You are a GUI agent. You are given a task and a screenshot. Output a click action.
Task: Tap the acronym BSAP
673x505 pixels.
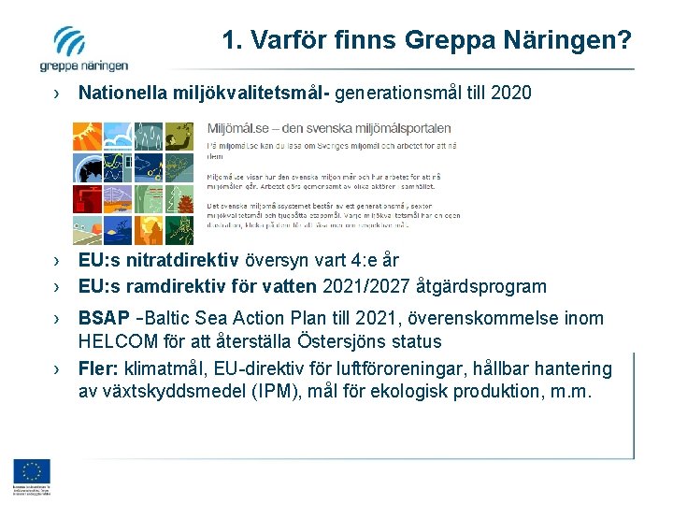pos(104,319)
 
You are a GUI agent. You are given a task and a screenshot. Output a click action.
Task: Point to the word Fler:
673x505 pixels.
pos(99,368)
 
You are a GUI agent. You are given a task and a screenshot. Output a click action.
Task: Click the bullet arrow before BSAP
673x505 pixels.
pos(58,319)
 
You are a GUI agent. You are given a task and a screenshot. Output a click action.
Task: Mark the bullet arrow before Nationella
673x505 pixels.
pos(58,93)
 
